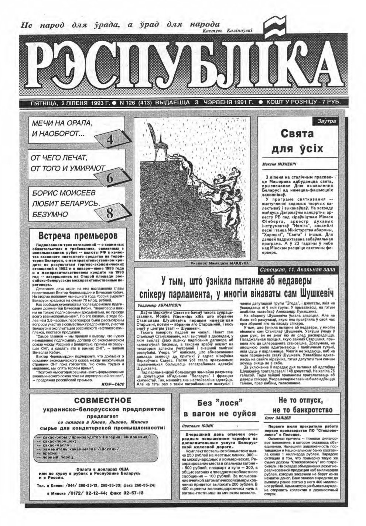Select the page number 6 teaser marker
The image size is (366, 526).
[x=110, y=178]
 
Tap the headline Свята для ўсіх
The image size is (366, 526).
[x=297, y=141]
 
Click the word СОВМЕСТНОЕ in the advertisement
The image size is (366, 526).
[x=102, y=401]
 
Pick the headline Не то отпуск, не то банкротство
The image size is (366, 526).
[x=300, y=405]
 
